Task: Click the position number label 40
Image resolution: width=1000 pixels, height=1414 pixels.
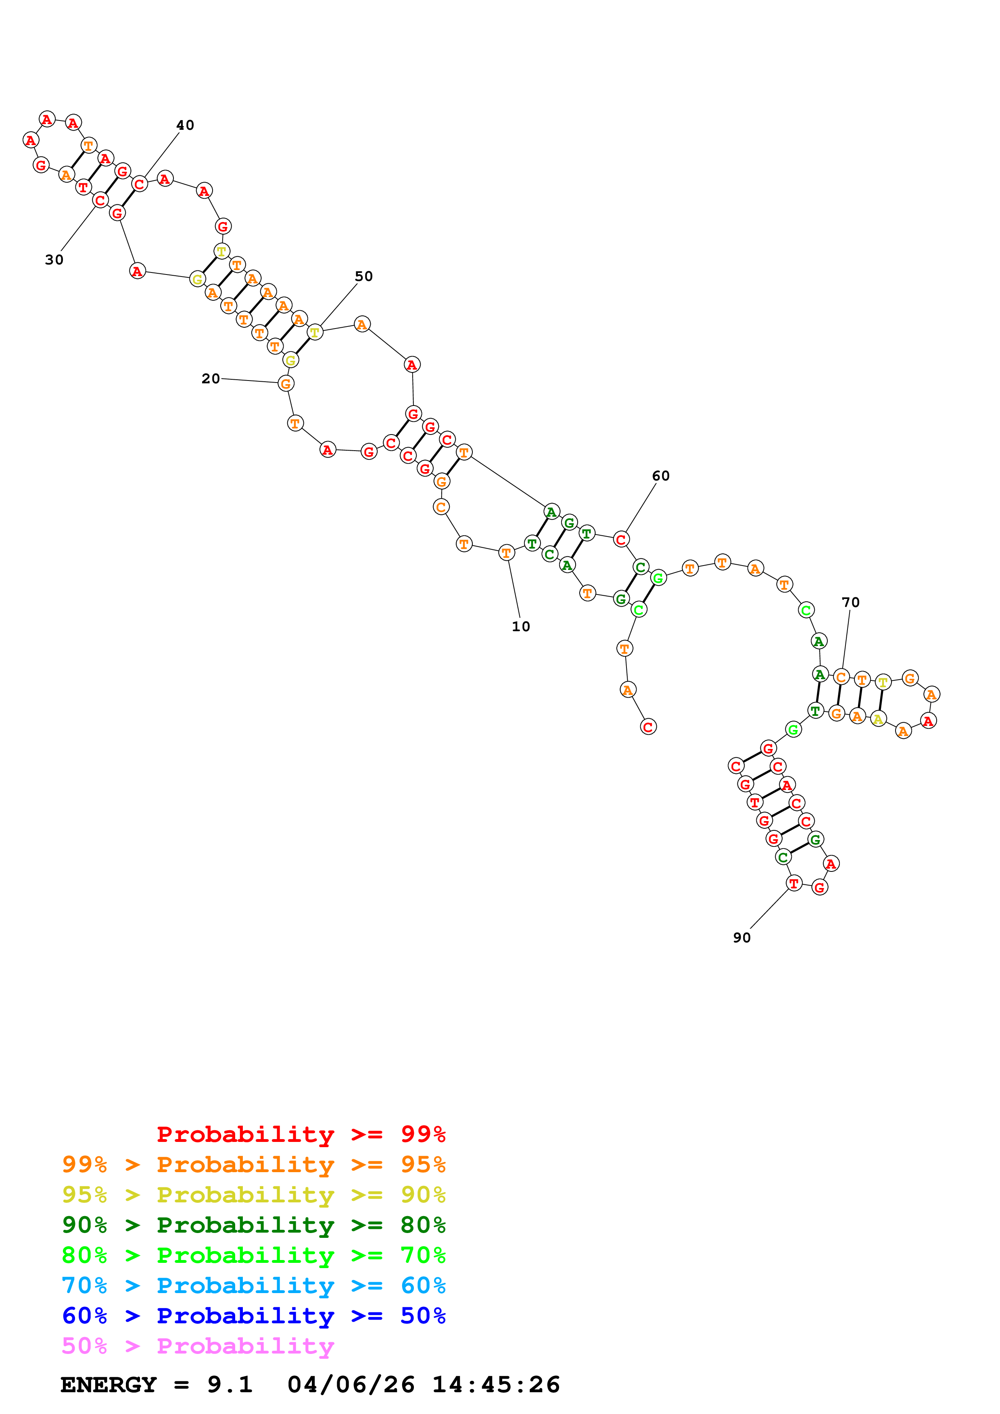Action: tap(185, 125)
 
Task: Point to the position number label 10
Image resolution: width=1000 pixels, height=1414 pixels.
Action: tap(521, 626)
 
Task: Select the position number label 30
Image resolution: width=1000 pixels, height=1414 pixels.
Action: tap(54, 260)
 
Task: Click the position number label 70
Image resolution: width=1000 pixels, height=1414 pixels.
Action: tap(850, 602)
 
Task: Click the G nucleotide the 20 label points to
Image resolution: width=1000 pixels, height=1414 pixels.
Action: tap(285, 384)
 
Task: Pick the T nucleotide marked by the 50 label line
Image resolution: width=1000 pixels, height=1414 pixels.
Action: tap(315, 333)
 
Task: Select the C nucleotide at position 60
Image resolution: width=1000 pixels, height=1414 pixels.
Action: tap(621, 539)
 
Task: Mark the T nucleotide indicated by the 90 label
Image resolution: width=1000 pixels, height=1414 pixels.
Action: tap(794, 883)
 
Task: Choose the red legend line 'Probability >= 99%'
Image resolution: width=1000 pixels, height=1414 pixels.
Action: tap(301, 1134)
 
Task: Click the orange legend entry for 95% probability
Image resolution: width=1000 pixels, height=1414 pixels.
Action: tap(253, 1164)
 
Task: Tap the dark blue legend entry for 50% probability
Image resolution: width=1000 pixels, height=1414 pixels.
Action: tap(253, 1316)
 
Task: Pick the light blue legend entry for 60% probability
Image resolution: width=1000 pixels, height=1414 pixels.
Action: tap(253, 1285)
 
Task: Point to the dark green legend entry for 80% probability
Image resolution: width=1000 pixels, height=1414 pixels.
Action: tap(253, 1225)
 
